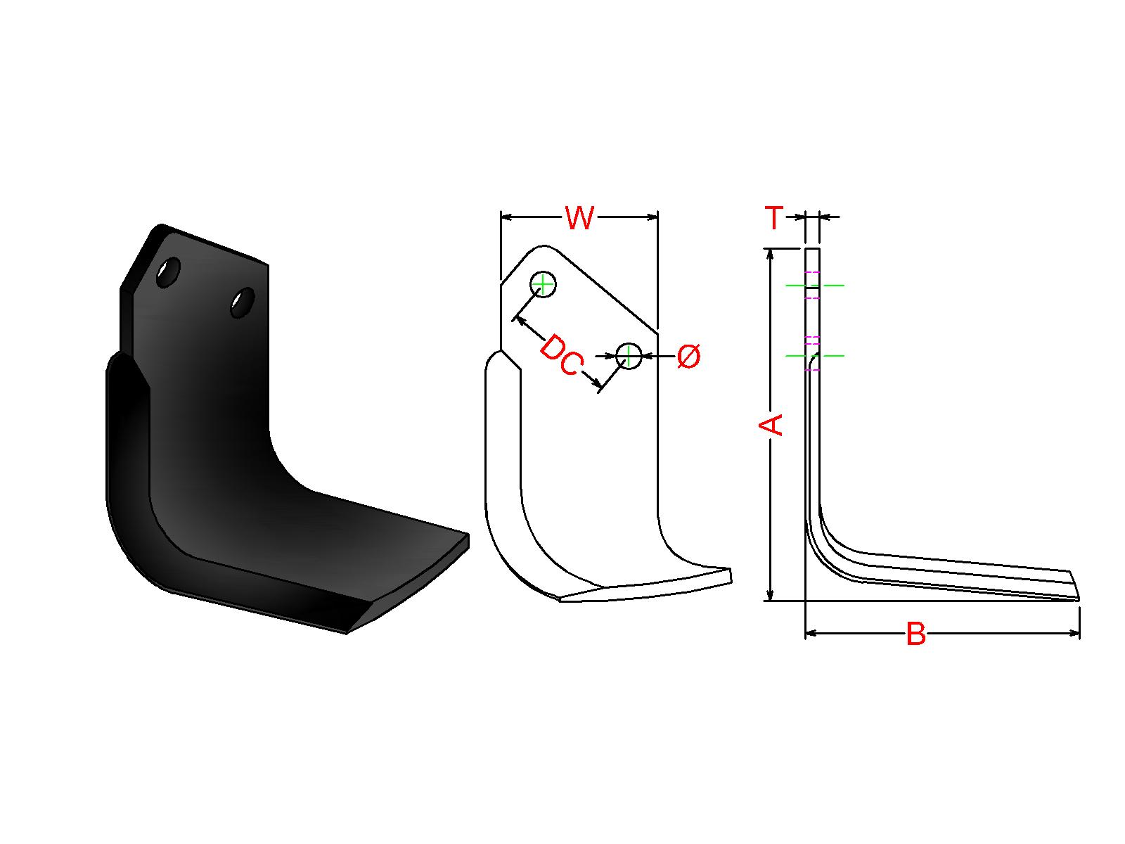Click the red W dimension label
579,217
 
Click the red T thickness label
774,217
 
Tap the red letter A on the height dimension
771,425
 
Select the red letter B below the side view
916,634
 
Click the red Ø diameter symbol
688,356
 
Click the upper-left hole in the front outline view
544,284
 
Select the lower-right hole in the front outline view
629,356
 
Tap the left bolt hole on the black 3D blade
168,272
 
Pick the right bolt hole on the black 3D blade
243,302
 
